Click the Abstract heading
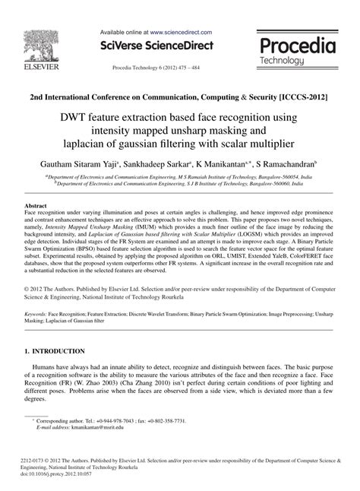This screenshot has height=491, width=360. [37, 206]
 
